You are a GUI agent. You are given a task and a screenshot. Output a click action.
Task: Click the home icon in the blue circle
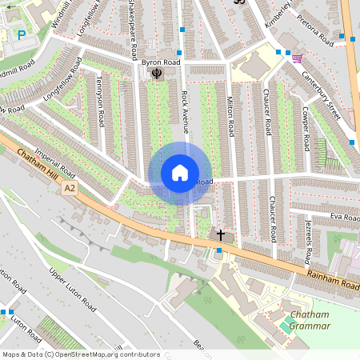pos(180,173)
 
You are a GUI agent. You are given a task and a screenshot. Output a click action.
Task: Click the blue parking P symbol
pos(22,34)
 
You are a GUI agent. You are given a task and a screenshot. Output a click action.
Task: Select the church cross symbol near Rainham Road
pos(221,236)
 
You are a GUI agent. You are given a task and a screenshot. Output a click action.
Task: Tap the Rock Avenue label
pos(185,111)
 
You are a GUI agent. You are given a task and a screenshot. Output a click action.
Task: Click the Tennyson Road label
pos(100,108)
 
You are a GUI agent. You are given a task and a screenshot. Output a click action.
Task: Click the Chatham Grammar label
pos(310,320)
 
